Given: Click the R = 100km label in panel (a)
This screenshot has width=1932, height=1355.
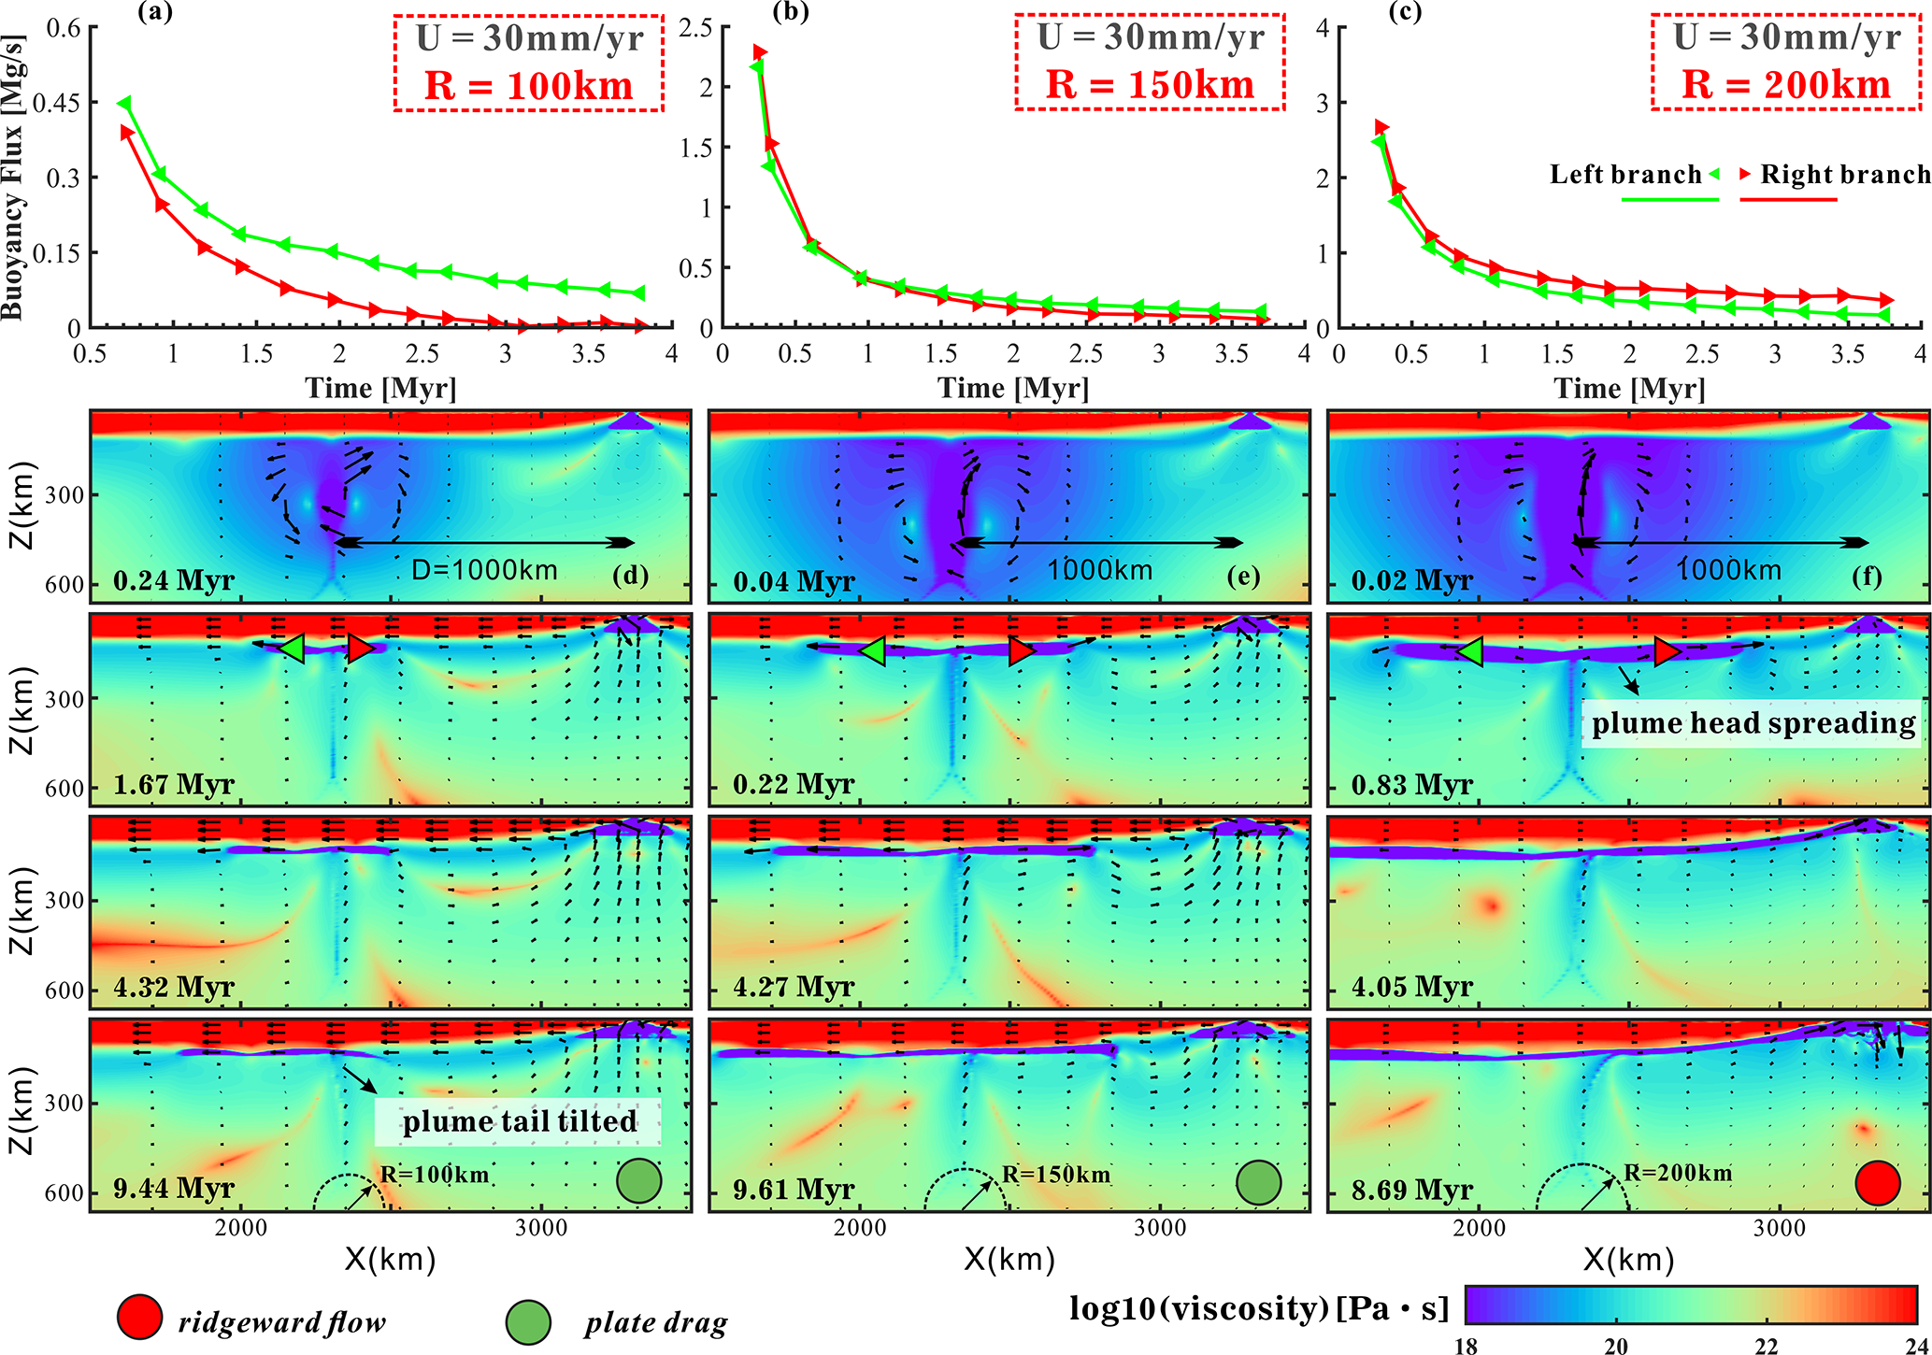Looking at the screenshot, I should pyautogui.click(x=528, y=86).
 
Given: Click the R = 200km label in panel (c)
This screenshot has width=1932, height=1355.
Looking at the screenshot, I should pyautogui.click(x=1785, y=85).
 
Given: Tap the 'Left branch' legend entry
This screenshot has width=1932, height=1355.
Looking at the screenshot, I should pyautogui.click(x=1625, y=175).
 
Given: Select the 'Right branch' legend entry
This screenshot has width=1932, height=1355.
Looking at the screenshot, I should pyautogui.click(x=1844, y=175).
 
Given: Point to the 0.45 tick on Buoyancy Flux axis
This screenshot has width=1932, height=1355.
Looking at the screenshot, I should pyautogui.click(x=57, y=103).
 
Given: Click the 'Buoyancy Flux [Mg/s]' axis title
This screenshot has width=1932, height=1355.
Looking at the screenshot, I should pyautogui.click(x=13, y=178).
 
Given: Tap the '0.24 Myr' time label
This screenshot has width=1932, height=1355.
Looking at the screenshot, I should pyautogui.click(x=174, y=580).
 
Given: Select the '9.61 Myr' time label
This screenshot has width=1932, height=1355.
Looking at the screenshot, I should pyautogui.click(x=794, y=1189).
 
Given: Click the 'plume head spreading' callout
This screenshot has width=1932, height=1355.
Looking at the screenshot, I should pyautogui.click(x=1753, y=723).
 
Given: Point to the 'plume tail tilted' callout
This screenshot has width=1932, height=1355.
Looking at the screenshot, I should pyautogui.click(x=519, y=1121).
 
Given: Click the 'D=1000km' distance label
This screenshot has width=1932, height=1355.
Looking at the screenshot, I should pyautogui.click(x=484, y=570).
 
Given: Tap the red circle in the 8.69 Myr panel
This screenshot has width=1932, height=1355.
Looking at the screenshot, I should pyautogui.click(x=1878, y=1183).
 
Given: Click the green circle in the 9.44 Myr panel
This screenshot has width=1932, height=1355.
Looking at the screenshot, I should pyautogui.click(x=639, y=1181).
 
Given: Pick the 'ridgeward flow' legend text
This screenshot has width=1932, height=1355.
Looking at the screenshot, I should pyautogui.click(x=281, y=1322).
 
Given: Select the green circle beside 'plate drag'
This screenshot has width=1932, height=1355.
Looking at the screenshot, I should pyautogui.click(x=528, y=1321).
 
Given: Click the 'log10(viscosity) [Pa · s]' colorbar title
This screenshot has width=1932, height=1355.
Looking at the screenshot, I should pyautogui.click(x=1258, y=1308).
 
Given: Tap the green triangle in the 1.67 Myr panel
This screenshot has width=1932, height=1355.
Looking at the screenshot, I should pyautogui.click(x=292, y=649).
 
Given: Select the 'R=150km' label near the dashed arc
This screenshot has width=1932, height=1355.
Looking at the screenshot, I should pyautogui.click(x=1056, y=1175).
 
